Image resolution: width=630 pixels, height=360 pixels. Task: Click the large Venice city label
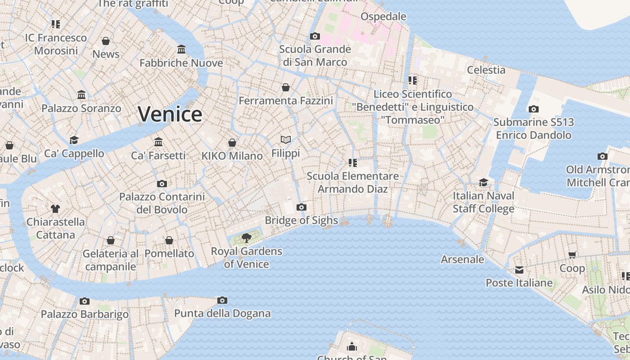click(x=170, y=114)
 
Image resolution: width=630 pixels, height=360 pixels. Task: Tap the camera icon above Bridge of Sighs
click(x=301, y=207)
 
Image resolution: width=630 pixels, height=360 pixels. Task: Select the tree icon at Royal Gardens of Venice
click(x=246, y=238)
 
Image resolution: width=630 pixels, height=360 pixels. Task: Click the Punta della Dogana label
click(x=222, y=313)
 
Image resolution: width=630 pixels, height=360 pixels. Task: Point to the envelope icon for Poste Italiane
click(x=519, y=270)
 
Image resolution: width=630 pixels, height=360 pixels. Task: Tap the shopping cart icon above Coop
click(x=572, y=255)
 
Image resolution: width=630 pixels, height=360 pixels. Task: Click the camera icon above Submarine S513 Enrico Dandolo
click(x=534, y=109)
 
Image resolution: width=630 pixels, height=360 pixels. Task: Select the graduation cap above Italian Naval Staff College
click(x=483, y=182)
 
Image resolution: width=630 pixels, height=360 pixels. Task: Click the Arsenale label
click(x=462, y=259)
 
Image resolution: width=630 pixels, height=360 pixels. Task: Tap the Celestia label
click(x=486, y=70)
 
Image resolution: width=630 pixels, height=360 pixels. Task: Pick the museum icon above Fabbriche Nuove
click(x=181, y=49)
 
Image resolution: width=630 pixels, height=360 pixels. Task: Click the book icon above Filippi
click(x=286, y=139)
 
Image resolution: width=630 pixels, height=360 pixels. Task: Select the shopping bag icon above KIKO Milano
click(x=232, y=143)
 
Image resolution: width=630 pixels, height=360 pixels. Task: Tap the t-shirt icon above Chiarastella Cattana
click(x=55, y=208)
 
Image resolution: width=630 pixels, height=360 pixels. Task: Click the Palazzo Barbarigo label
click(x=85, y=314)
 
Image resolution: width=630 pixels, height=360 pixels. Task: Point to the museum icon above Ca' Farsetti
click(x=158, y=142)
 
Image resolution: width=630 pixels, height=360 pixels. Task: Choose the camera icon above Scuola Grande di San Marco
click(x=315, y=36)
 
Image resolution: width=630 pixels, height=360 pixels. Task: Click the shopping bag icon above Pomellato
click(x=169, y=240)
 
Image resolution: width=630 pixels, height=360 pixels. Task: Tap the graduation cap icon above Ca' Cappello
click(x=74, y=140)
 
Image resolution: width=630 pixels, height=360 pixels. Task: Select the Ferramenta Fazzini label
click(x=286, y=100)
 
